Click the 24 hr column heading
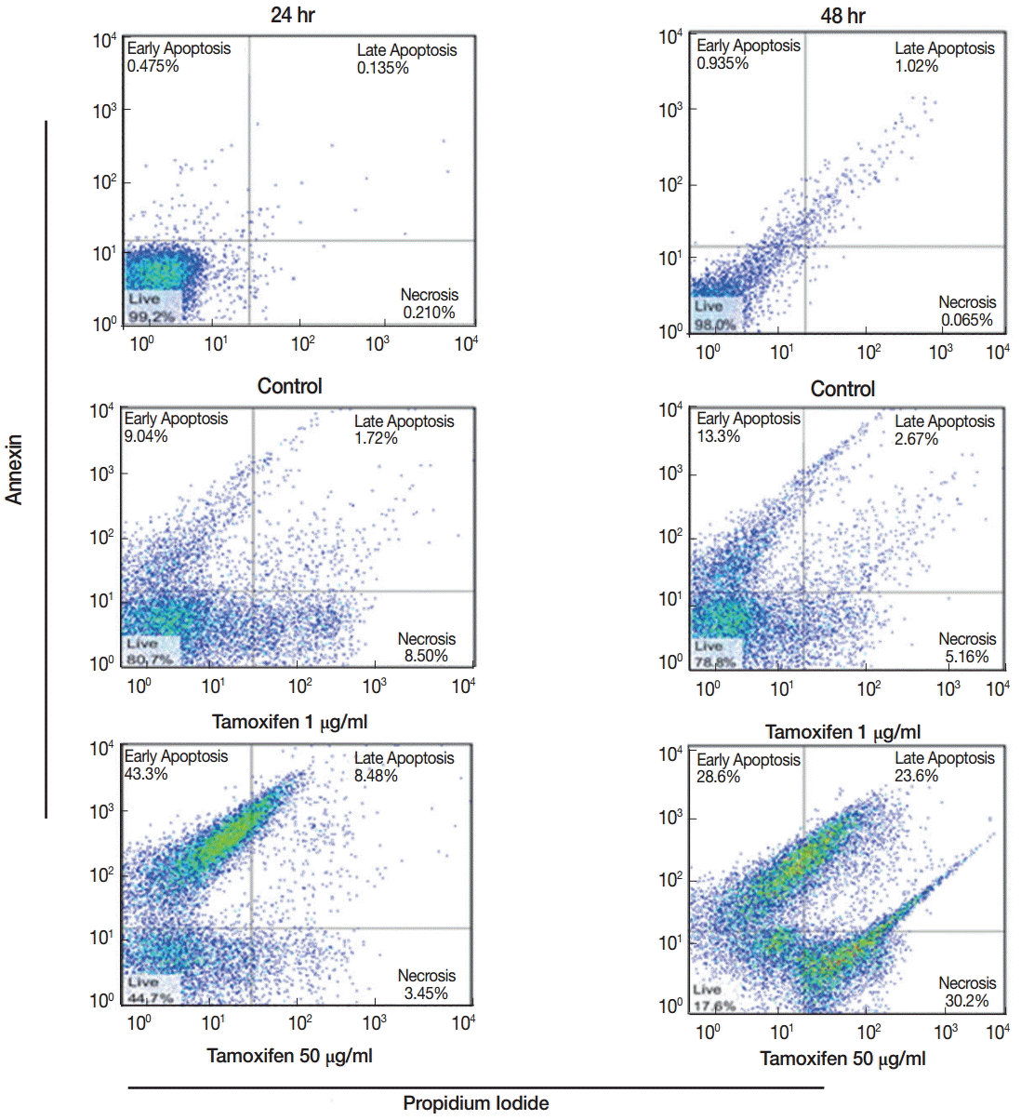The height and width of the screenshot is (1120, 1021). [x=292, y=15]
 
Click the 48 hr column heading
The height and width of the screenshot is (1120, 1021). [x=842, y=16]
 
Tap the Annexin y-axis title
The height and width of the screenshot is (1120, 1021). [x=14, y=470]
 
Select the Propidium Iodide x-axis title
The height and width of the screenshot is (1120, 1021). [x=475, y=1103]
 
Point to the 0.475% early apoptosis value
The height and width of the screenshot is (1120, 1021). [x=152, y=66]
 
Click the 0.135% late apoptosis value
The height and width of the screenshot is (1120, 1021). [x=383, y=68]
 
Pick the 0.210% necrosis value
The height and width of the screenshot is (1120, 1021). [x=429, y=313]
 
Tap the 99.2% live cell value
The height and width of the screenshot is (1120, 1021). [x=152, y=316]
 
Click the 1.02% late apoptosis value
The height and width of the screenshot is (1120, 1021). [x=916, y=66]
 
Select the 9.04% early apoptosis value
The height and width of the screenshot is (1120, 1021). [x=146, y=436]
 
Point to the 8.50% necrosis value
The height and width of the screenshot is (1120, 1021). [x=426, y=656]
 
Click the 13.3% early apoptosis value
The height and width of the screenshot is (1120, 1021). [x=718, y=436]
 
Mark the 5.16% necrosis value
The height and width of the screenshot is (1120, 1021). [x=967, y=657]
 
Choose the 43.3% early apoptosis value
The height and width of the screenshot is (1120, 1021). [x=146, y=774]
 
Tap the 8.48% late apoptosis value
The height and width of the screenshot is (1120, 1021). [x=376, y=776]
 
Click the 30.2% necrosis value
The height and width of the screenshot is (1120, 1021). [x=967, y=1001]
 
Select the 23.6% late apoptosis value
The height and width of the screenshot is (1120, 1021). [x=916, y=776]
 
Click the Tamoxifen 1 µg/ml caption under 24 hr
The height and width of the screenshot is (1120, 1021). [x=290, y=722]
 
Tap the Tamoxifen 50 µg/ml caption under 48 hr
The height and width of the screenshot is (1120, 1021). [x=842, y=1059]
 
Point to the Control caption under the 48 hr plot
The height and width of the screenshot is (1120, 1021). [x=842, y=389]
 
